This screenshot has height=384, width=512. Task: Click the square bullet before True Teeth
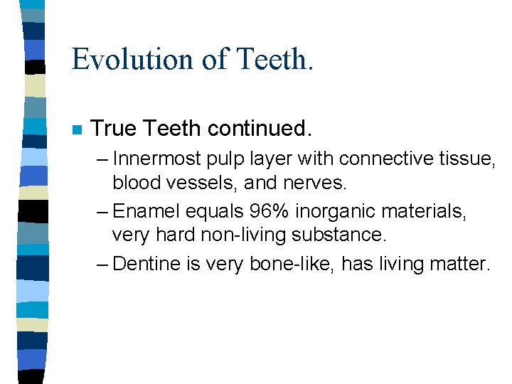point(77,130)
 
